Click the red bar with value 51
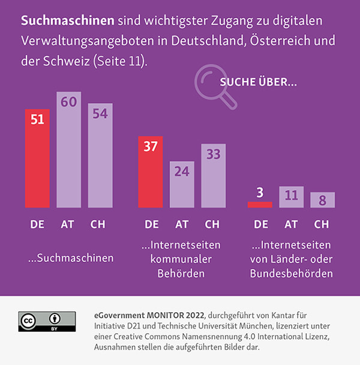(x=37, y=158)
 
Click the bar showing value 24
(x=182, y=184)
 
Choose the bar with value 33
(x=213, y=175)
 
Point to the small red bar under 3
(x=260, y=204)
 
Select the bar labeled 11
(x=291, y=197)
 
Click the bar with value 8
(x=322, y=200)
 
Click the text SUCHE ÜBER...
(x=258, y=82)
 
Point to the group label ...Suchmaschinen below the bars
(x=71, y=258)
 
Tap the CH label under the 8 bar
(x=322, y=225)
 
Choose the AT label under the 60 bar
(x=68, y=225)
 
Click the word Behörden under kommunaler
(x=181, y=274)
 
